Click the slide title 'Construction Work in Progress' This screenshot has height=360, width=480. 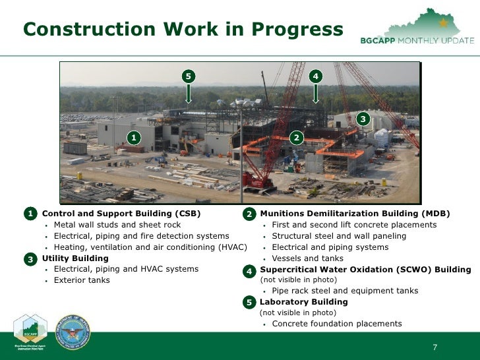[183, 30]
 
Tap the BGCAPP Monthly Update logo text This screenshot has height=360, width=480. [417, 40]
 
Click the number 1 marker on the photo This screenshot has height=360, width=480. [134, 137]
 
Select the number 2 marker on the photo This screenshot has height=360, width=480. [297, 137]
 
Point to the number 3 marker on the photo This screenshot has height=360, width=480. [362, 119]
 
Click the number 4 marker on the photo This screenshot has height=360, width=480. [316, 76]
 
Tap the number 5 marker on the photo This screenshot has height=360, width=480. [189, 76]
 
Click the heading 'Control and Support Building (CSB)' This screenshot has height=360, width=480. [121, 214]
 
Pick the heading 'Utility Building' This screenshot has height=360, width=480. [75, 258]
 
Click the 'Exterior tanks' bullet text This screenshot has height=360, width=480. [82, 280]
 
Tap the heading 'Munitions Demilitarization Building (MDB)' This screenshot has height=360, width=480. [355, 214]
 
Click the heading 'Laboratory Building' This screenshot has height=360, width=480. [304, 302]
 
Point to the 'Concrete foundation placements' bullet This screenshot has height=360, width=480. [336, 324]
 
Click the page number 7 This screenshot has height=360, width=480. [435, 347]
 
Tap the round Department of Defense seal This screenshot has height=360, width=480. [73, 331]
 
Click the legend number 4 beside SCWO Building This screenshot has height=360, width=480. [249, 272]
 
